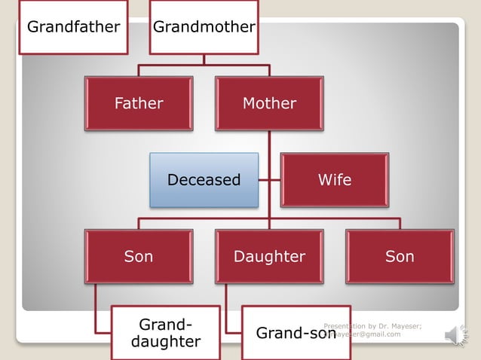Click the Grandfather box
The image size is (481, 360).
click(x=73, y=27)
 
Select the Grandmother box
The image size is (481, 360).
click(x=204, y=27)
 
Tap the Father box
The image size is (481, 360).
click(x=139, y=103)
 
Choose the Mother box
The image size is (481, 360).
click(x=269, y=103)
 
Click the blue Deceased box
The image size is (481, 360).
click(x=204, y=180)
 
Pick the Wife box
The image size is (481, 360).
click(x=335, y=180)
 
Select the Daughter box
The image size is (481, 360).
click(x=269, y=257)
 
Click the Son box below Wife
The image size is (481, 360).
click(x=400, y=257)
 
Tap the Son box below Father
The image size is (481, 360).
click(x=139, y=257)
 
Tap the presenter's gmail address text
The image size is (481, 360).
click(x=367, y=334)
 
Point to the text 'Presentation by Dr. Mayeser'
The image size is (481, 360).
click(x=372, y=325)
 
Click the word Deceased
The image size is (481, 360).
click(x=204, y=180)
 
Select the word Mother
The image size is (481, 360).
click(x=269, y=103)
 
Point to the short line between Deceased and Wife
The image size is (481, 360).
click(x=270, y=181)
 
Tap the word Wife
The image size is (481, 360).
click(x=335, y=180)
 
